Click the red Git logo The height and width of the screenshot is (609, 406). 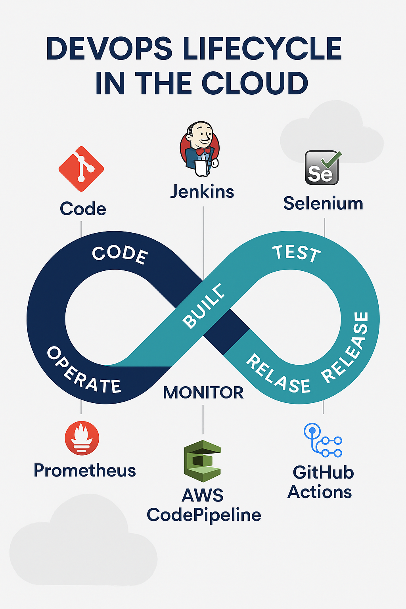[x=81, y=169]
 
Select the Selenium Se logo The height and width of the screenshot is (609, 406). [x=322, y=168]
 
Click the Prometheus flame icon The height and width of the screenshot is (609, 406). [x=82, y=438]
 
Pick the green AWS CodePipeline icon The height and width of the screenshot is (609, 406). [x=202, y=461]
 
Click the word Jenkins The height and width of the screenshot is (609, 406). [x=202, y=192]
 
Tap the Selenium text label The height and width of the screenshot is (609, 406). [x=323, y=204]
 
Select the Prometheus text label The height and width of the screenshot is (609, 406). [x=84, y=471]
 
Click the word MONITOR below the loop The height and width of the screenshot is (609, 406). [x=203, y=393]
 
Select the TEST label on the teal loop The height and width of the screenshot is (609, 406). [x=297, y=253]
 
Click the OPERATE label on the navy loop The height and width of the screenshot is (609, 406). [x=84, y=371]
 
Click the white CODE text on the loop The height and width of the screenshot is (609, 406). [x=120, y=255]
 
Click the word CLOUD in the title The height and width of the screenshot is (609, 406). [x=255, y=84]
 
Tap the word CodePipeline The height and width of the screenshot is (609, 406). [x=204, y=515]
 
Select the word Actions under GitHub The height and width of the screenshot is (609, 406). [x=320, y=492]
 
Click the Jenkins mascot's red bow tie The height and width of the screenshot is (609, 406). [x=203, y=151]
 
